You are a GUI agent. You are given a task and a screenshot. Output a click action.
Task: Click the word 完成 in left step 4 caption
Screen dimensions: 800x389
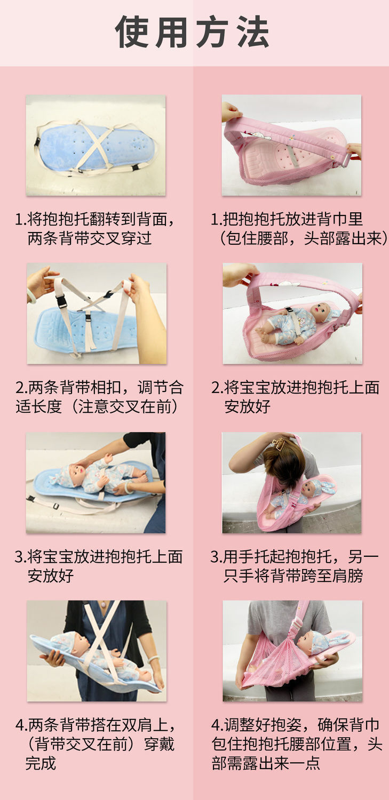pos(41,763)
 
